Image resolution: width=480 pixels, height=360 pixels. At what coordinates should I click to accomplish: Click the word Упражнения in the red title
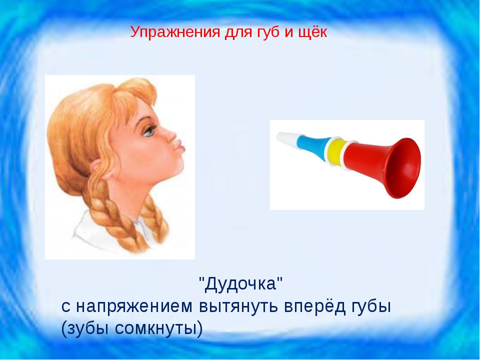click(175, 32)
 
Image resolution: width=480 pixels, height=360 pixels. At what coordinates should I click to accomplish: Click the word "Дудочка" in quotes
click(240, 284)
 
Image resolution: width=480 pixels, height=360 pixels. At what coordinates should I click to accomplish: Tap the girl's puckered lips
click(179, 146)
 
